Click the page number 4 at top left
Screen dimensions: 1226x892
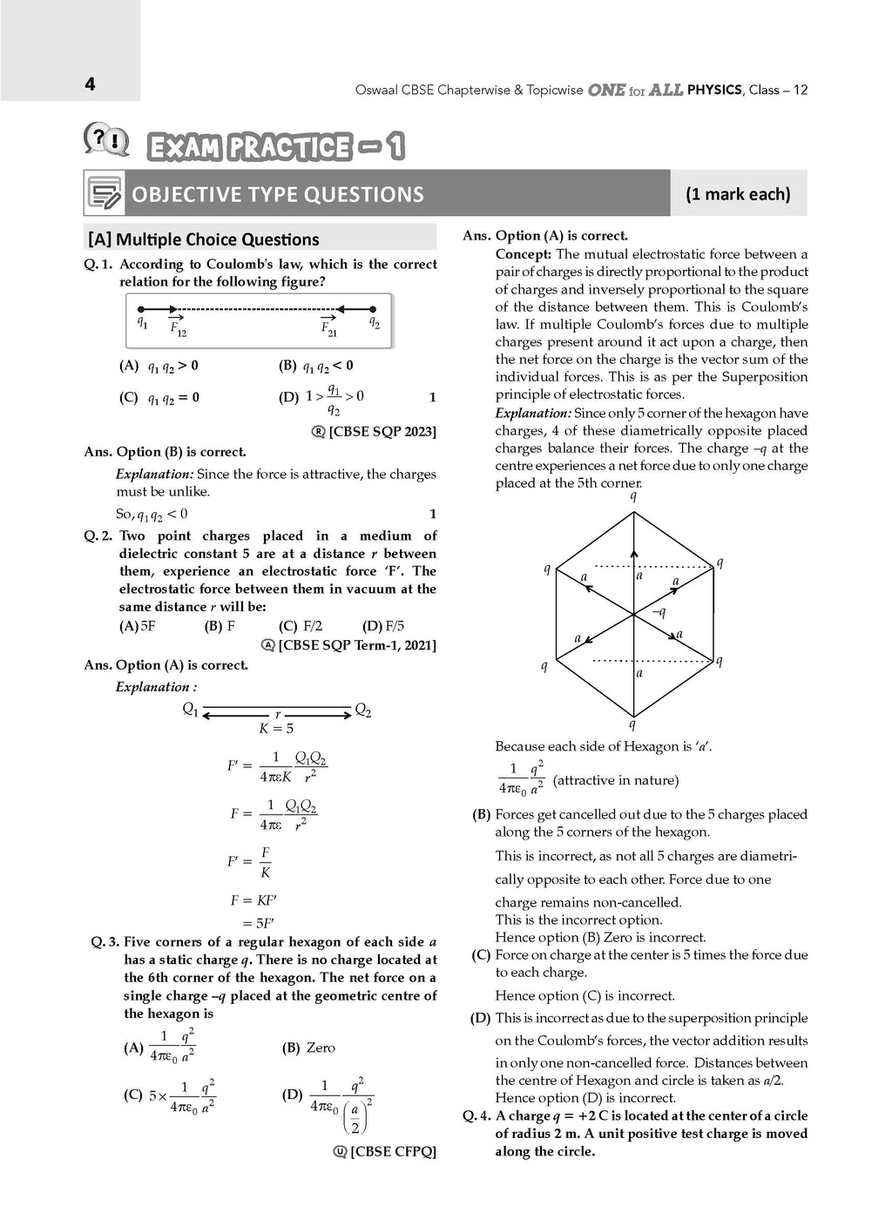pyautogui.click(x=90, y=84)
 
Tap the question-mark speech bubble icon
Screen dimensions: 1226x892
pyautogui.click(x=106, y=140)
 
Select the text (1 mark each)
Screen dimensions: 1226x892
pyautogui.click(x=738, y=194)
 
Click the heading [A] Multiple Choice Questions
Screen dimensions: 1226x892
pyautogui.click(x=203, y=239)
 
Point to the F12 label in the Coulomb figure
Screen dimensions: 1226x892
pyautogui.click(x=178, y=329)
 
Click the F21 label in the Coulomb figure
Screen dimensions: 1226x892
pyautogui.click(x=328, y=329)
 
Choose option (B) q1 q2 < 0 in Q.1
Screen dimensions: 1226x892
pyautogui.click(x=315, y=367)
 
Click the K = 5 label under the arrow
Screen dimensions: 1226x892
pyautogui.click(x=276, y=729)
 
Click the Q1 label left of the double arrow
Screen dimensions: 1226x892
pyautogui.click(x=190, y=710)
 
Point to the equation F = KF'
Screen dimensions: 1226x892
pyautogui.click(x=253, y=900)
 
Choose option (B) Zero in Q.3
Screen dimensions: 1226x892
pyautogui.click(x=309, y=1047)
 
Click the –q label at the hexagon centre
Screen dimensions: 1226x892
pyautogui.click(x=659, y=612)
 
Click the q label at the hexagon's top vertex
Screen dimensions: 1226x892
pyautogui.click(x=633, y=496)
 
